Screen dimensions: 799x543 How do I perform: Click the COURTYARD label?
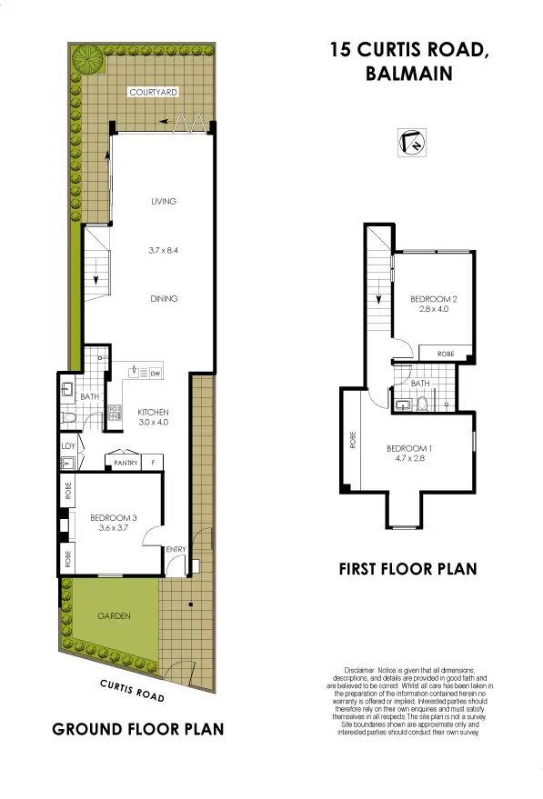(152, 93)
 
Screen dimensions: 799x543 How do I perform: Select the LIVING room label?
(163, 202)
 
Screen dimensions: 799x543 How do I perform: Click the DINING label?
(164, 299)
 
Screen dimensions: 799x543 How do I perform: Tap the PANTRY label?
(126, 464)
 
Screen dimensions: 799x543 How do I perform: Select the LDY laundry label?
(67, 445)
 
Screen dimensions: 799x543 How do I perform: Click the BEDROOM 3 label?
(113, 518)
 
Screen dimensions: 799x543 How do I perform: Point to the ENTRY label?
(176, 548)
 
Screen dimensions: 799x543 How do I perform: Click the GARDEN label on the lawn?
(115, 616)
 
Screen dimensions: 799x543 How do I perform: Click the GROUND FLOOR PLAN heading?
(137, 729)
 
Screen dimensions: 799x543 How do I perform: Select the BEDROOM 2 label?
(432, 299)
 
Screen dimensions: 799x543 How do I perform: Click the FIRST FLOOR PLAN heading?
(407, 570)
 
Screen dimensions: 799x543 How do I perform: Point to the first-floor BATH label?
(420, 384)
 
